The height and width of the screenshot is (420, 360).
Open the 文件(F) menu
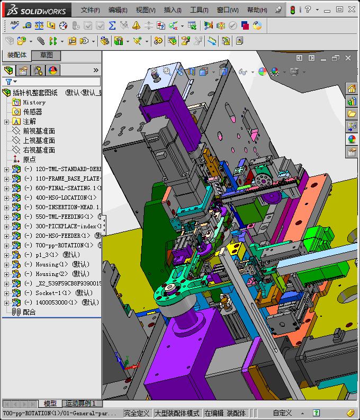coord(91,10)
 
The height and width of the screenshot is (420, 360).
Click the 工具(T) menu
coord(199,10)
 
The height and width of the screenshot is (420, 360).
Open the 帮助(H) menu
coord(257,10)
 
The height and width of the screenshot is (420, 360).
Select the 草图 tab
coord(46,55)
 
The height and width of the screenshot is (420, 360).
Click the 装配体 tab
coord(17,55)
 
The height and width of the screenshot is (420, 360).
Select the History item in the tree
coord(34,102)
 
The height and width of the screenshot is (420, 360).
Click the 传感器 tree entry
coord(32,112)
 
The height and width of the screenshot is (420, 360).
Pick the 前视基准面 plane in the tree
coord(39,131)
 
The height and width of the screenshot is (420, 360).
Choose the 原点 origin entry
coord(30,159)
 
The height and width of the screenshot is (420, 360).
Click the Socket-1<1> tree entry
coord(53,293)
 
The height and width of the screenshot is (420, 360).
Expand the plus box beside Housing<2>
coord(6,274)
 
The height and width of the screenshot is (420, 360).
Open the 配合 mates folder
coord(29,312)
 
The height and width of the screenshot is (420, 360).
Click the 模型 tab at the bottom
coord(50,404)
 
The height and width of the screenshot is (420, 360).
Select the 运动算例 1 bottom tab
coord(80,404)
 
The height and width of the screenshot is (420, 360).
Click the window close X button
coord(352,9)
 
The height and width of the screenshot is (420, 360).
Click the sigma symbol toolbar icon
coord(112,25)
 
